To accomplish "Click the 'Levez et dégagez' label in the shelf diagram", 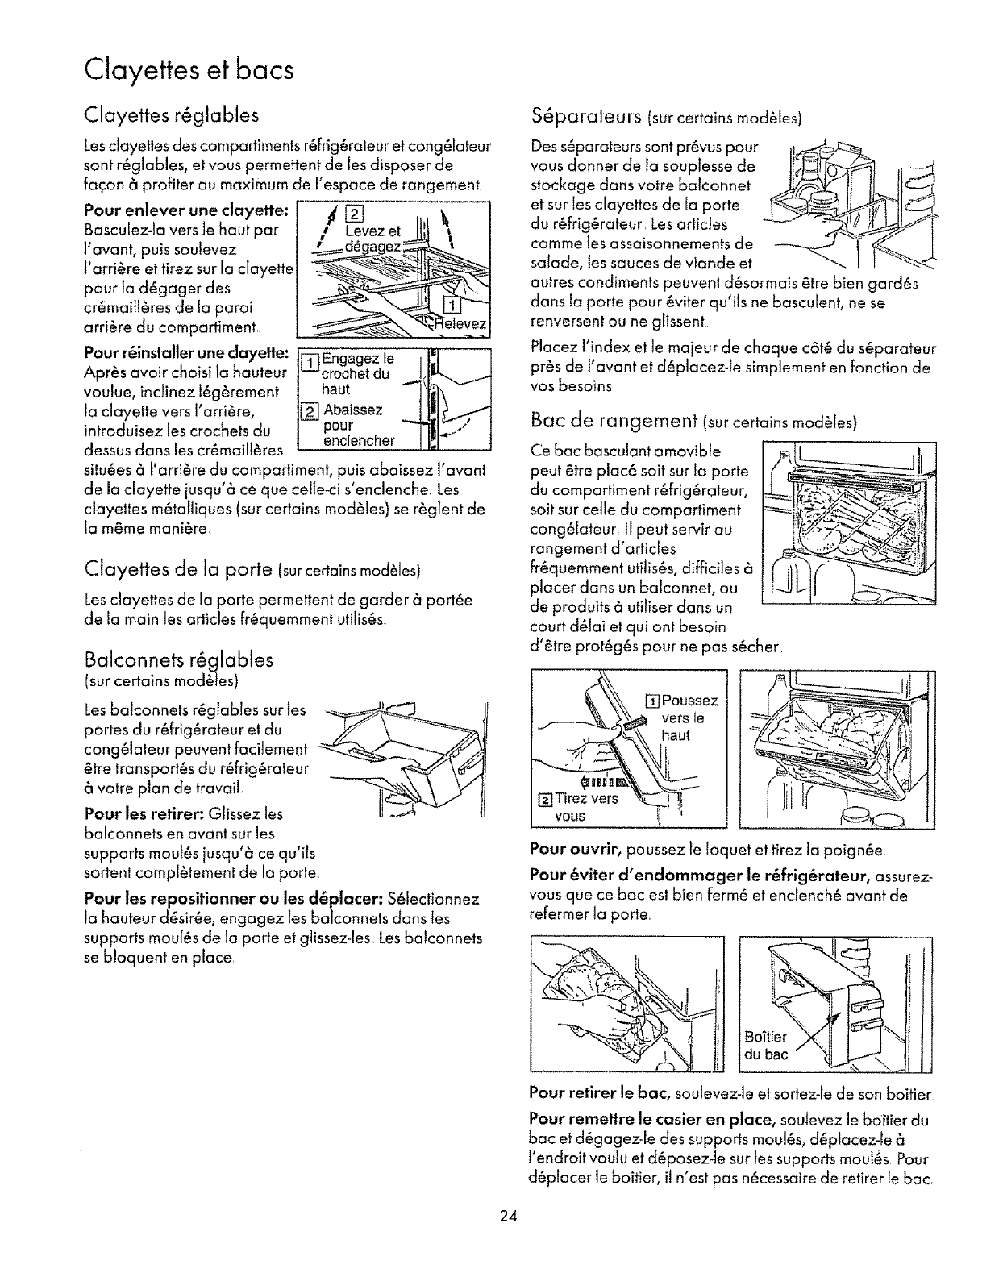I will [x=371, y=239].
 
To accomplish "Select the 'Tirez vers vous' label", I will [x=578, y=806].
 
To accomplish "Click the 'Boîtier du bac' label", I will [x=765, y=1045].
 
